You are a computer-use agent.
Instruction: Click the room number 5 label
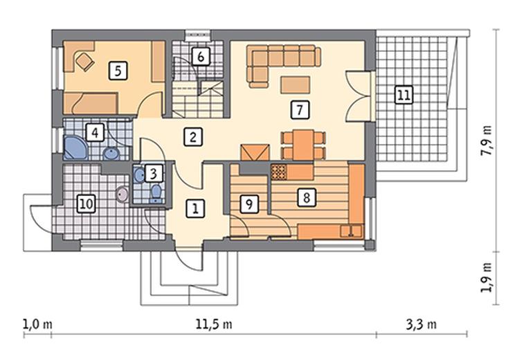(118, 71)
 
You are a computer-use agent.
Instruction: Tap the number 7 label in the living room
(300, 109)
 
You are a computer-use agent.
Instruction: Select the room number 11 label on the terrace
(403, 95)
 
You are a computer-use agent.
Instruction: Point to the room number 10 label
(87, 204)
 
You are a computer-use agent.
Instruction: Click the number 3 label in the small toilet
(154, 174)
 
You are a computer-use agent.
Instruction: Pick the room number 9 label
(249, 204)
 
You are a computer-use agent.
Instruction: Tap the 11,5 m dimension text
(214, 325)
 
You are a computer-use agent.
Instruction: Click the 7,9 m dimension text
(487, 141)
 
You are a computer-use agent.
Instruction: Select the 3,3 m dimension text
(421, 325)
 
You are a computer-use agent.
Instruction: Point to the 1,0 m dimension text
(37, 325)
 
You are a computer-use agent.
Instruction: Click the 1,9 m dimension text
(487, 278)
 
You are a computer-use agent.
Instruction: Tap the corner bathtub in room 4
(77, 147)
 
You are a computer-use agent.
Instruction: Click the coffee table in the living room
(296, 85)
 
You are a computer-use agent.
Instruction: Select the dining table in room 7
(303, 145)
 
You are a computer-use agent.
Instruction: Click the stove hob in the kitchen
(279, 172)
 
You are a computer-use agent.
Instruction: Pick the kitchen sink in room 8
(351, 231)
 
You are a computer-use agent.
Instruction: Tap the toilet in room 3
(156, 194)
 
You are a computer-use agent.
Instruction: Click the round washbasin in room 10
(122, 195)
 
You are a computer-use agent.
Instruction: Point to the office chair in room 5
(84, 61)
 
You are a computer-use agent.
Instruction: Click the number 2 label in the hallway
(193, 137)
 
